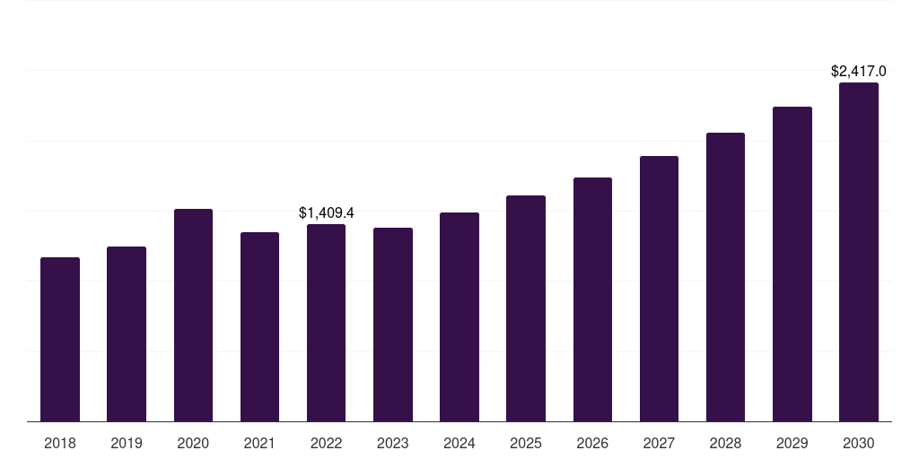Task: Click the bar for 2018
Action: coord(60,340)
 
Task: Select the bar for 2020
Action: coord(193,316)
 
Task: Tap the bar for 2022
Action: coord(326,323)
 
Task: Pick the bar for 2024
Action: coord(459,317)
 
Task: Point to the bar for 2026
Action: coord(592,299)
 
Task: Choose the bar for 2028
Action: coord(725,277)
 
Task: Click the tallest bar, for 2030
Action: coord(859,252)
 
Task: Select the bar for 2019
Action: coord(127,334)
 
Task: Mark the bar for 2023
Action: coord(393,325)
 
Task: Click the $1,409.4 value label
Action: coord(327,212)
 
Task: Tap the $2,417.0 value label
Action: coord(859,71)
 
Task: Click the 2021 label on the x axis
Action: coord(259,443)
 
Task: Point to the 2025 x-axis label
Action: coord(526,443)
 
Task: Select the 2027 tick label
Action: coord(659,443)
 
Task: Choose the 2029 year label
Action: coord(792,443)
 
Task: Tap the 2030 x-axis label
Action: coord(859,443)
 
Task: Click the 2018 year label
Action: coord(60,443)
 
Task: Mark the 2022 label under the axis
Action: coord(326,443)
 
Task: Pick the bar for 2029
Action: coord(792,264)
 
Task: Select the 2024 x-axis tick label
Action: coord(459,443)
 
